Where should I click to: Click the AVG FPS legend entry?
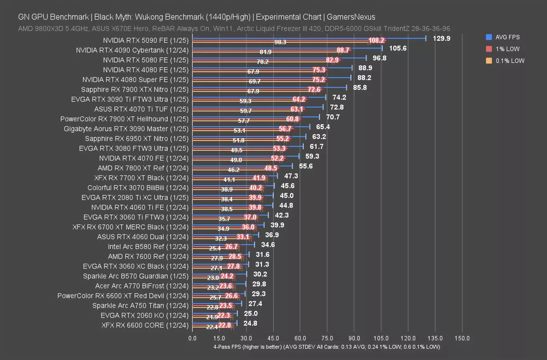coord(507,37)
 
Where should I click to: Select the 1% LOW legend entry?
coord(507,49)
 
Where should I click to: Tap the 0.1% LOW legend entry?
coord(509,61)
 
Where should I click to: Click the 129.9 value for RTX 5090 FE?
coord(441,38)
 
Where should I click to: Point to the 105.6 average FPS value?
coord(398,48)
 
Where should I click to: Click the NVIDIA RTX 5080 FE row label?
coord(146,60)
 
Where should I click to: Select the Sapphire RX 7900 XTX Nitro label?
coord(134,90)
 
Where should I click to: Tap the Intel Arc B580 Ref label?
coord(148,247)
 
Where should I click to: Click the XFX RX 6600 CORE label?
coord(145,325)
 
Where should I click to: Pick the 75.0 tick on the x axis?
coord(327,338)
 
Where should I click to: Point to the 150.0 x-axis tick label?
coord(462,338)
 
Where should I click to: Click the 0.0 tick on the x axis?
coord(192,338)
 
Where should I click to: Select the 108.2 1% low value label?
coord(377,40)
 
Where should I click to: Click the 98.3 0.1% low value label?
coord(280,42)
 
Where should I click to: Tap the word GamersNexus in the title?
coord(351,17)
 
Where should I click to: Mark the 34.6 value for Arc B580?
coord(268,245)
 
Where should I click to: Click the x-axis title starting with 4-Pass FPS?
coord(327,347)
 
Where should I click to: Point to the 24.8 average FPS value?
coord(250,323)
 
